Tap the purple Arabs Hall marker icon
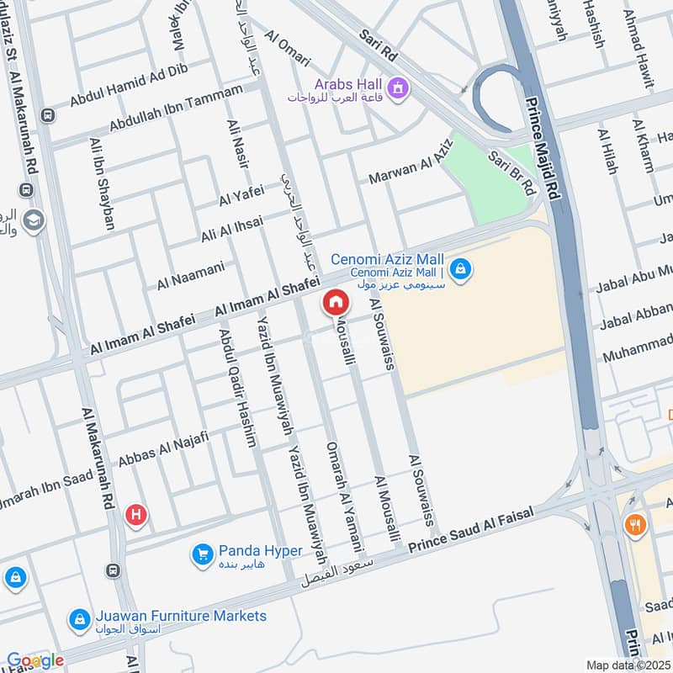tap(396, 85)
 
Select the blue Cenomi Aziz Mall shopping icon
tap(460, 269)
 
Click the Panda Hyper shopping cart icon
tap(202, 554)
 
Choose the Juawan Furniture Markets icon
tap(79, 619)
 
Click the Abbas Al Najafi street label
tap(162, 447)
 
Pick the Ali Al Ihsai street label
tap(231, 229)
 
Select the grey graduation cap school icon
tap(34, 220)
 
